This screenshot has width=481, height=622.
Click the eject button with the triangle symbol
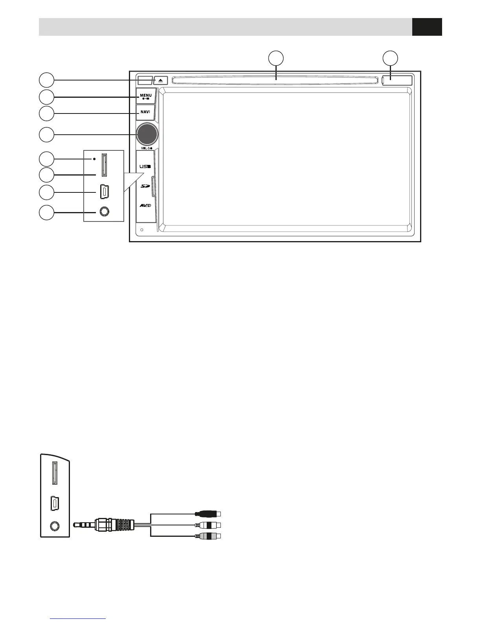click(x=160, y=80)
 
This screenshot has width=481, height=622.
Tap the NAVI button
click(x=145, y=112)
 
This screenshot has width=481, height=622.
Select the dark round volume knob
click(x=147, y=134)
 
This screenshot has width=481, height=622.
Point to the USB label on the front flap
click(x=145, y=166)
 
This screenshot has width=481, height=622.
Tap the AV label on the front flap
click(x=145, y=206)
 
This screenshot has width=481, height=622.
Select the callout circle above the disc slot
click(x=276, y=58)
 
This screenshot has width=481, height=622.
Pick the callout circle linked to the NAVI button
click(x=46, y=113)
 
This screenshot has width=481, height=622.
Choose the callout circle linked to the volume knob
click(x=46, y=135)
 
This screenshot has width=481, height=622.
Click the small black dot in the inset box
click(x=94, y=159)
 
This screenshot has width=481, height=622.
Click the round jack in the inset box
click(x=104, y=212)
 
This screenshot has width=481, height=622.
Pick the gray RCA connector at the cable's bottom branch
click(x=208, y=536)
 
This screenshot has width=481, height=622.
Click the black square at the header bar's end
click(x=427, y=27)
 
